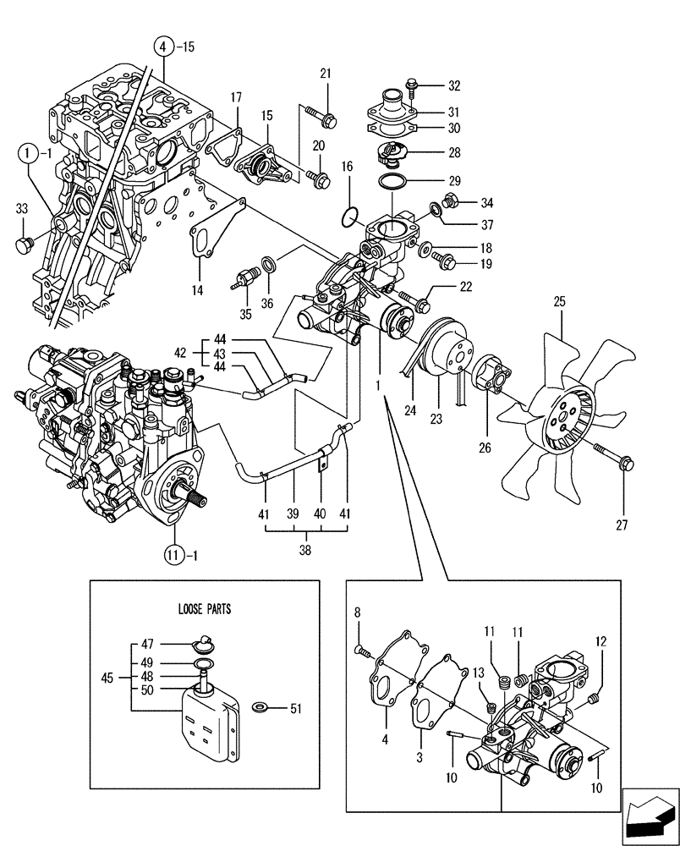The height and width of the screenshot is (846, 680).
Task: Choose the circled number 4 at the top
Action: (165, 47)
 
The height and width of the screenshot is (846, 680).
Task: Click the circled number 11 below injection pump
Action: (173, 555)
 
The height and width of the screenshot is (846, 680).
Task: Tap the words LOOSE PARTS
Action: (204, 607)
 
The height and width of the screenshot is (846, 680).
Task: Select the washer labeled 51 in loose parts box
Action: (259, 705)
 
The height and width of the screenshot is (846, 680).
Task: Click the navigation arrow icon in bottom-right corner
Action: (650, 818)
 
